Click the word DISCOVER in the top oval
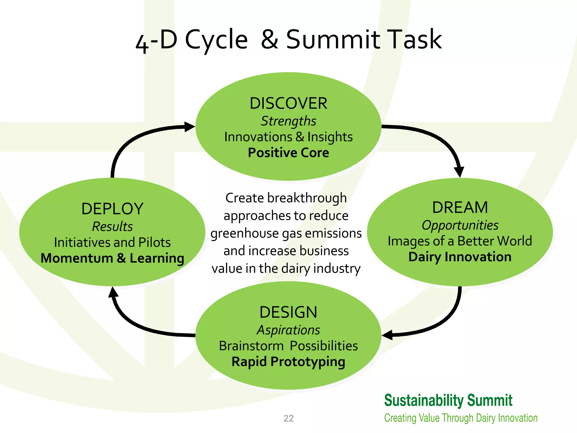(x=288, y=103)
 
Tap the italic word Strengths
(x=288, y=121)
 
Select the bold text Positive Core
(x=288, y=153)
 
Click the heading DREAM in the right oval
(x=460, y=208)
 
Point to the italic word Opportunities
(x=460, y=225)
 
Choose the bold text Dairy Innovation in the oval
(x=460, y=257)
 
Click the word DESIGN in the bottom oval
(x=288, y=312)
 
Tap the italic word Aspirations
(x=288, y=330)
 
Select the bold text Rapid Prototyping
(x=288, y=362)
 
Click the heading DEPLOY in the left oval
(x=112, y=209)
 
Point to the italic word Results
(x=112, y=227)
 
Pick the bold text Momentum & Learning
(x=112, y=258)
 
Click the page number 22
(x=288, y=418)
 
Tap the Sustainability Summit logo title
(x=448, y=400)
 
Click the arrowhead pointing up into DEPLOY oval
(x=113, y=292)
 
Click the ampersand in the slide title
(x=270, y=39)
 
